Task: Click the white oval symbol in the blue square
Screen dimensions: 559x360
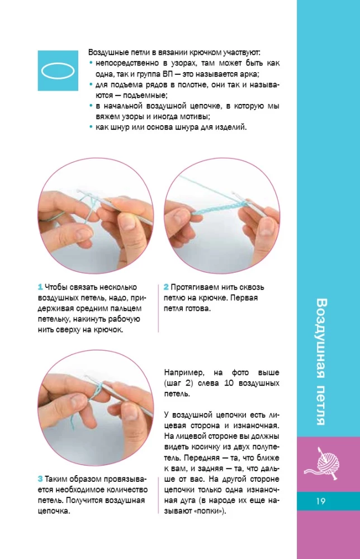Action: point(58,70)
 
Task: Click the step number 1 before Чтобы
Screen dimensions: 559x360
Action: point(40,287)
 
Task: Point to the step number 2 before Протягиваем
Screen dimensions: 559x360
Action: point(167,287)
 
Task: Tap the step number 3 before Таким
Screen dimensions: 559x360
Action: point(40,479)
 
